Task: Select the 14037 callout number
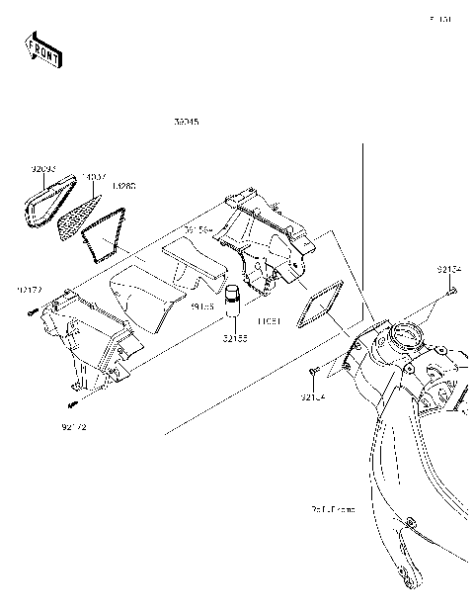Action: click(x=95, y=178)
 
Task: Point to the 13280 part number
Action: click(x=124, y=186)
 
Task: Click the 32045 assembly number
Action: click(x=185, y=124)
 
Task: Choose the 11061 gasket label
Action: click(x=269, y=321)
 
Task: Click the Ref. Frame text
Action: click(x=331, y=509)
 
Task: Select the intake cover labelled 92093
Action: click(x=44, y=203)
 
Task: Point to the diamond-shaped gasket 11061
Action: click(x=319, y=301)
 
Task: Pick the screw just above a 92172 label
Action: click(x=73, y=404)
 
